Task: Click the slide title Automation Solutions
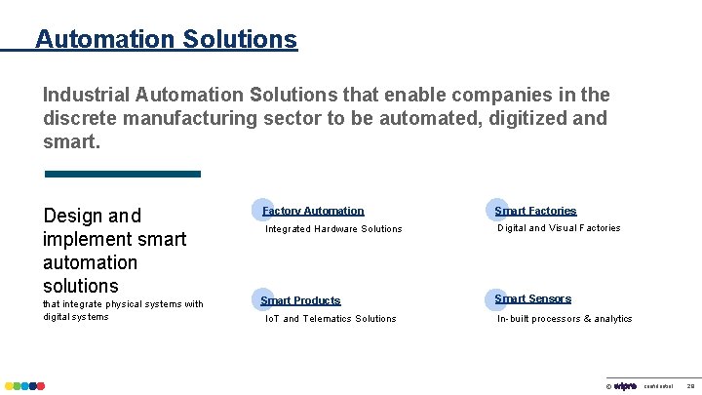(x=166, y=39)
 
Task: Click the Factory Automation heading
(x=314, y=211)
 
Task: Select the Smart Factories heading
(x=536, y=211)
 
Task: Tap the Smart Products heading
(x=300, y=300)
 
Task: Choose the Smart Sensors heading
(x=533, y=298)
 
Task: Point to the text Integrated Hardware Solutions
(x=334, y=229)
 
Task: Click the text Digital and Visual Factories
(x=559, y=228)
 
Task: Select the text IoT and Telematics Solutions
(x=331, y=319)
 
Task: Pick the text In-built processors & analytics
(x=565, y=319)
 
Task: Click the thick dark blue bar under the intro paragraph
(x=123, y=174)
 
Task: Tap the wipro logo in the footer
(x=625, y=386)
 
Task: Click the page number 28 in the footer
(x=690, y=386)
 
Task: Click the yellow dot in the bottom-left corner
(x=8, y=386)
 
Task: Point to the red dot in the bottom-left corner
(x=40, y=386)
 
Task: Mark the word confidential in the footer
(x=658, y=386)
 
